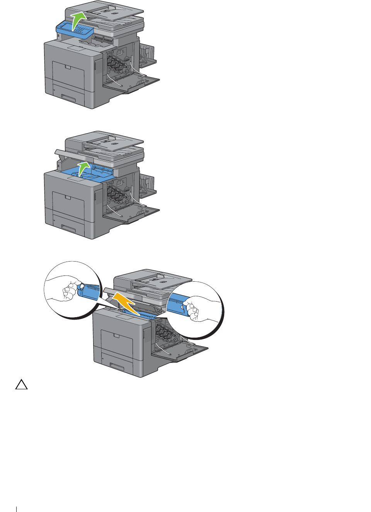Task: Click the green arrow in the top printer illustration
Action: click(x=78, y=20)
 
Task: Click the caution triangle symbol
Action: click(x=22, y=385)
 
